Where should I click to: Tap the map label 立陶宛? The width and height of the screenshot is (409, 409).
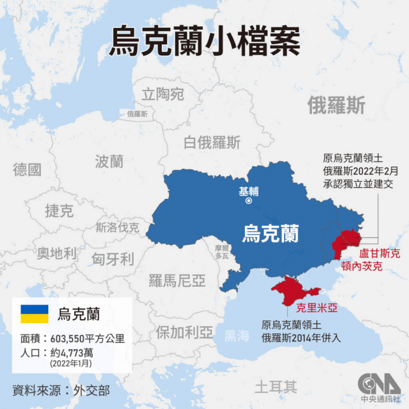coord(163,94)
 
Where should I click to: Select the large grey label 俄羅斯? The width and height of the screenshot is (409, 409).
coord(336,106)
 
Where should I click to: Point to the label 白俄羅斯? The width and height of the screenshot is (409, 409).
coord(212,143)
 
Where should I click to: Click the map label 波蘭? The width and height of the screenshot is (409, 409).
coord(109,162)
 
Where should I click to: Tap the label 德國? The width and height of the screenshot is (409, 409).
coord(27,169)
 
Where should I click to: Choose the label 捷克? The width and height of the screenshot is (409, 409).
coord(59,211)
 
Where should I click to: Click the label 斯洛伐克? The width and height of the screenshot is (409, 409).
coord(117,228)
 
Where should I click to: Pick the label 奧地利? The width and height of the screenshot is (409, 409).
coord(56,253)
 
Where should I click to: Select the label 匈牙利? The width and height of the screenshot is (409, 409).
coord(112,260)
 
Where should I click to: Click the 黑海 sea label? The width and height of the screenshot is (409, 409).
coord(236,336)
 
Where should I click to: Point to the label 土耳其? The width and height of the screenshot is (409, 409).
coord(276,387)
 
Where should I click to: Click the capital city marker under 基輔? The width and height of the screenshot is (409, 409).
coord(248,201)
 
